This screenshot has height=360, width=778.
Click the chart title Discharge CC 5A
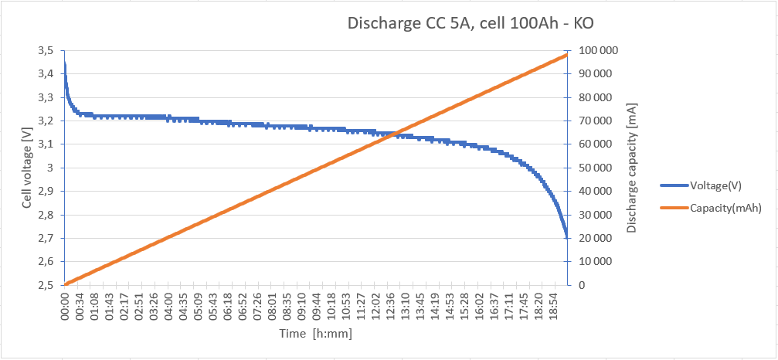471,23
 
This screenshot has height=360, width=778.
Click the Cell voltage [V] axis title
27,168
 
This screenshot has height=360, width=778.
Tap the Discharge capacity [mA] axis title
632,168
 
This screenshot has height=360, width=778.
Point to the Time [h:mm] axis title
317,334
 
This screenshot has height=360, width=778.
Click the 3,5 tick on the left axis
46,51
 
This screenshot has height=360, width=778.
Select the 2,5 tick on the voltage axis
46,285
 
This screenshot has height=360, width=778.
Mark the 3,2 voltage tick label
46,121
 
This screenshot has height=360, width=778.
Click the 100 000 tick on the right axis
595,51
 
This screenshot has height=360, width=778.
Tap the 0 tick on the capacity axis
580,285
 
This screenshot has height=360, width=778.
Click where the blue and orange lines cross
394,134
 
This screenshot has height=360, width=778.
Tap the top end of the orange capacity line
567,55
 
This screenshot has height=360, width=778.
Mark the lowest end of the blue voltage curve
567,235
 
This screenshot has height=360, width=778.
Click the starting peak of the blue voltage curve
65,63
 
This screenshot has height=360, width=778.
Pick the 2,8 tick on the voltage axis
46,215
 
